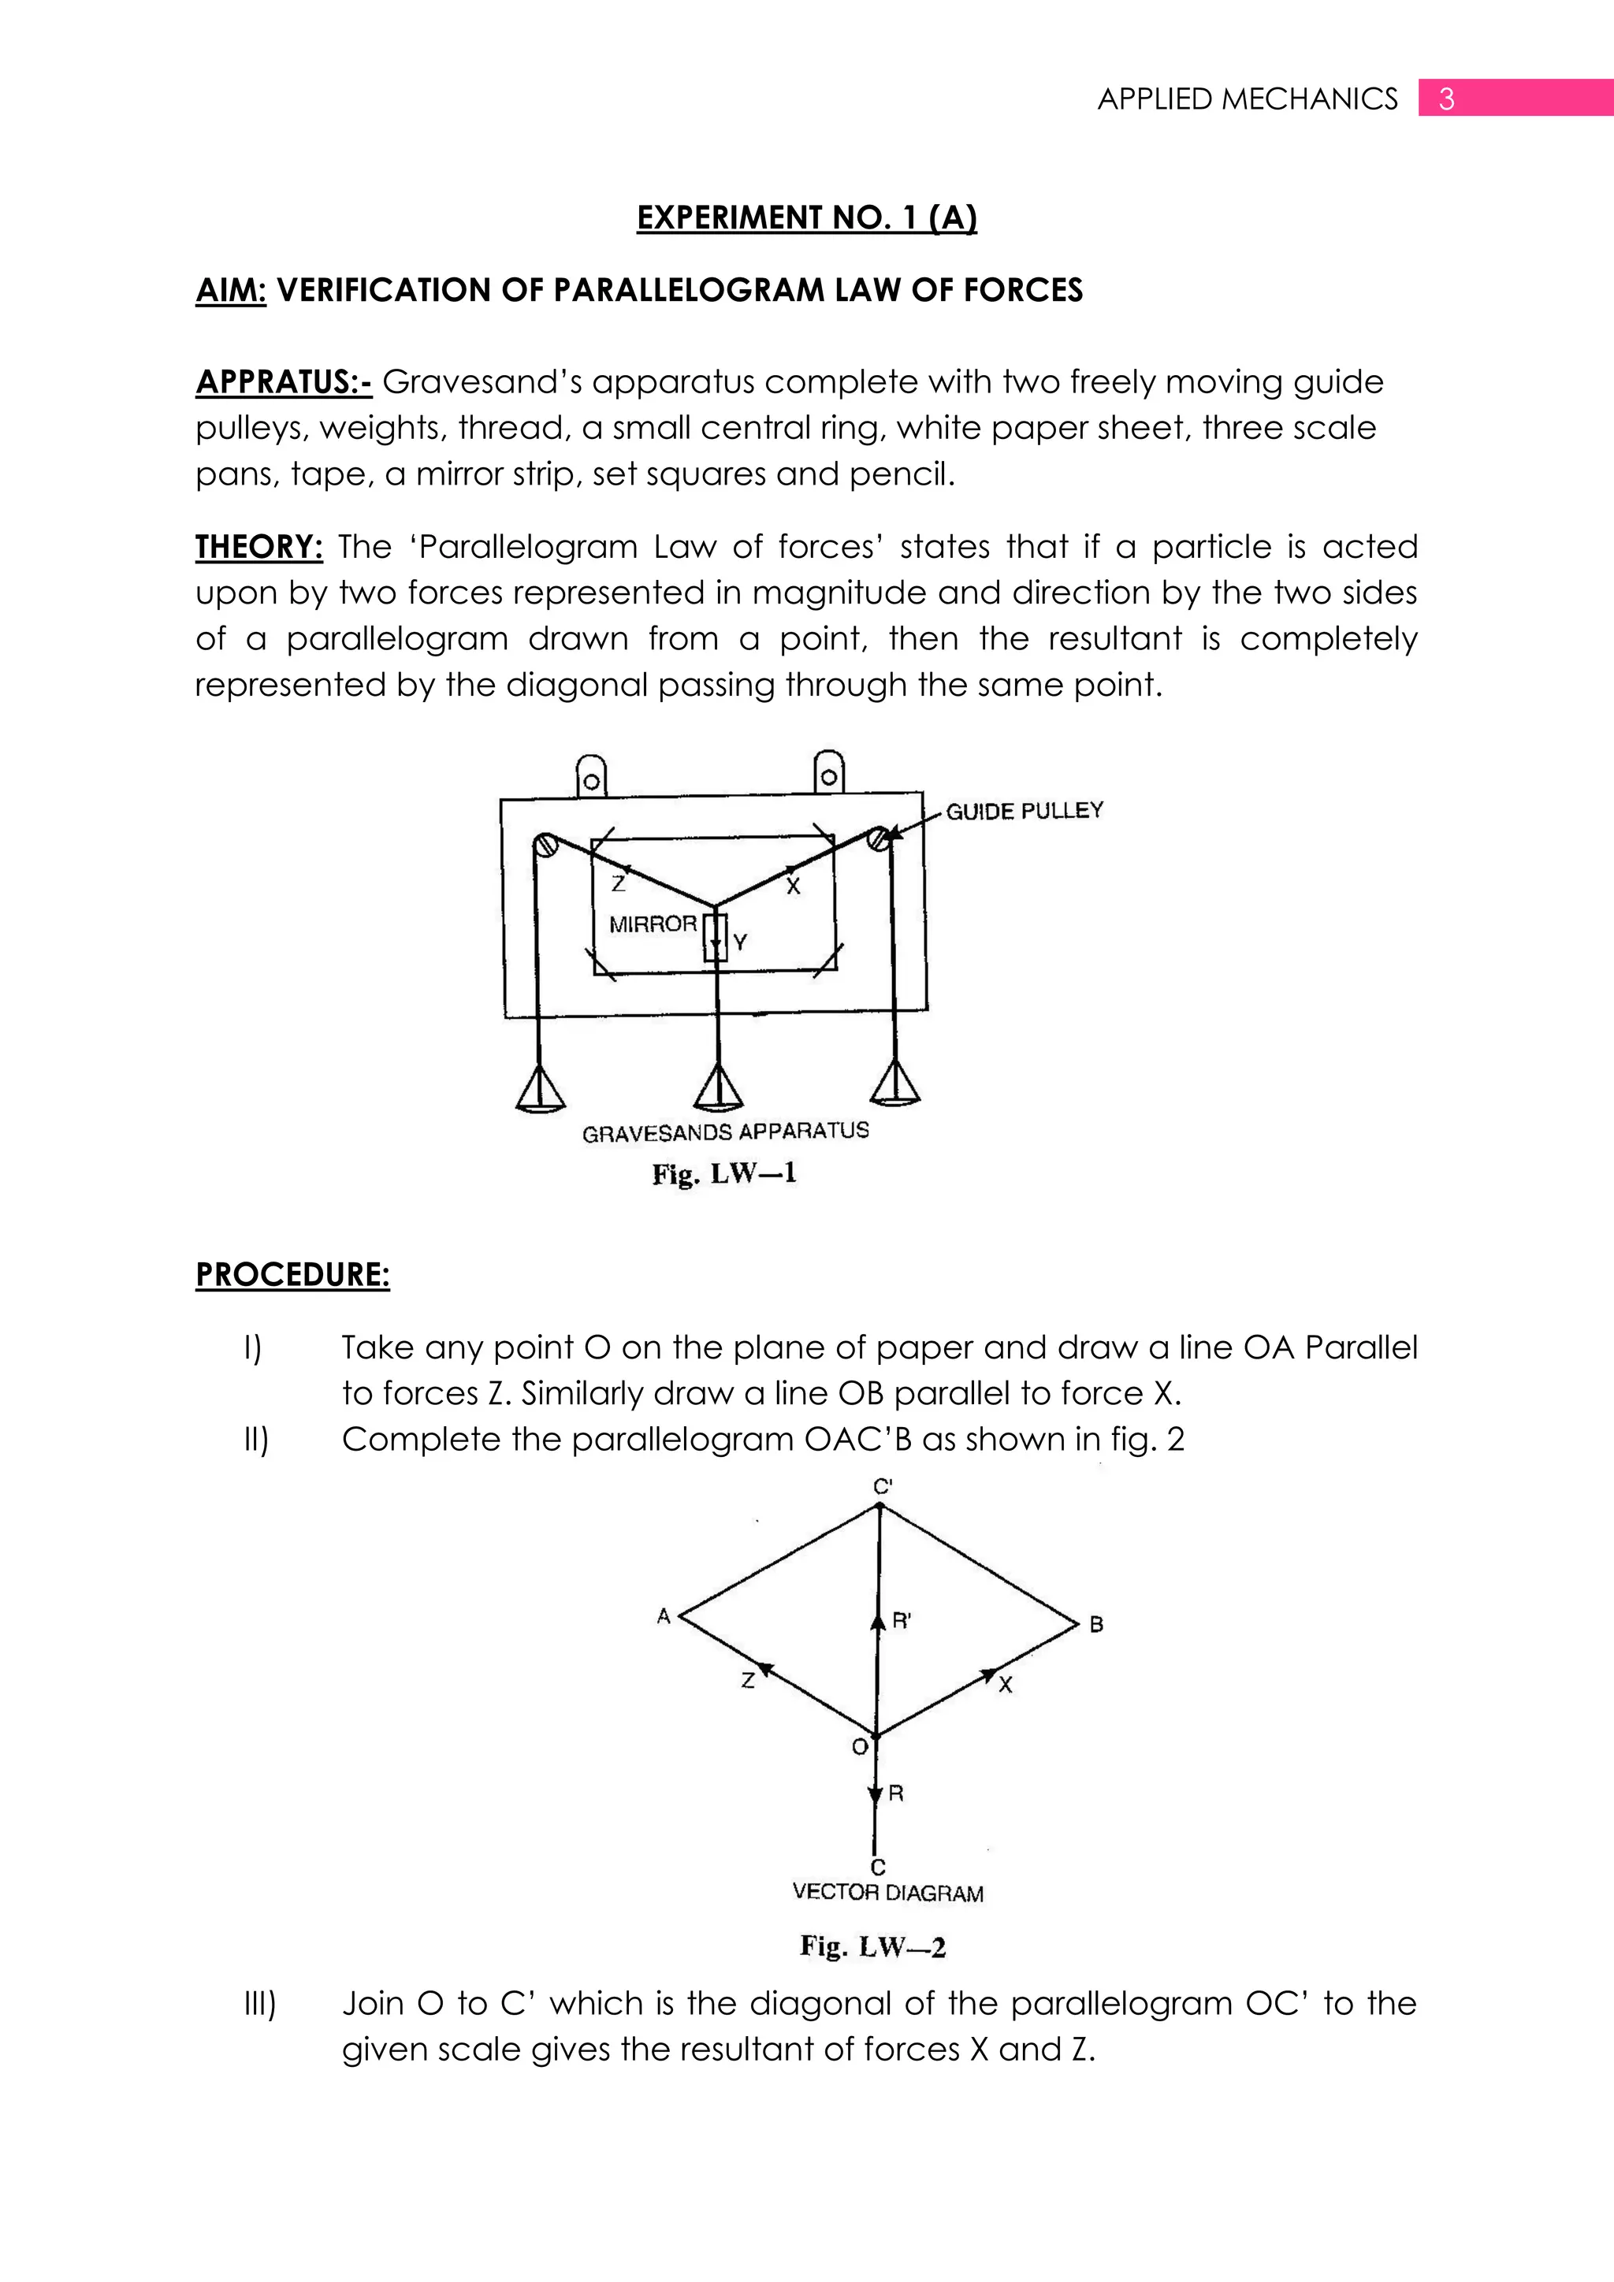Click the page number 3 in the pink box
(x=1446, y=99)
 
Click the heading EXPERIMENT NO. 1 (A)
(x=806, y=217)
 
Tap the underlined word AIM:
(x=231, y=290)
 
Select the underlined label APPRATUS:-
(x=283, y=381)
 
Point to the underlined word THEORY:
(x=258, y=547)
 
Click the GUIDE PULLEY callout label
(x=1024, y=811)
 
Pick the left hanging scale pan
(x=541, y=1091)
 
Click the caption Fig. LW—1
(x=723, y=1174)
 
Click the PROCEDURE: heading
(x=292, y=1274)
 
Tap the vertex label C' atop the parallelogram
(x=883, y=1487)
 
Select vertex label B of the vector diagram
(x=1096, y=1625)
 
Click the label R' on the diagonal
(x=902, y=1620)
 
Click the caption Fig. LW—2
(x=872, y=1947)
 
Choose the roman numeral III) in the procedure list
(x=259, y=2004)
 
